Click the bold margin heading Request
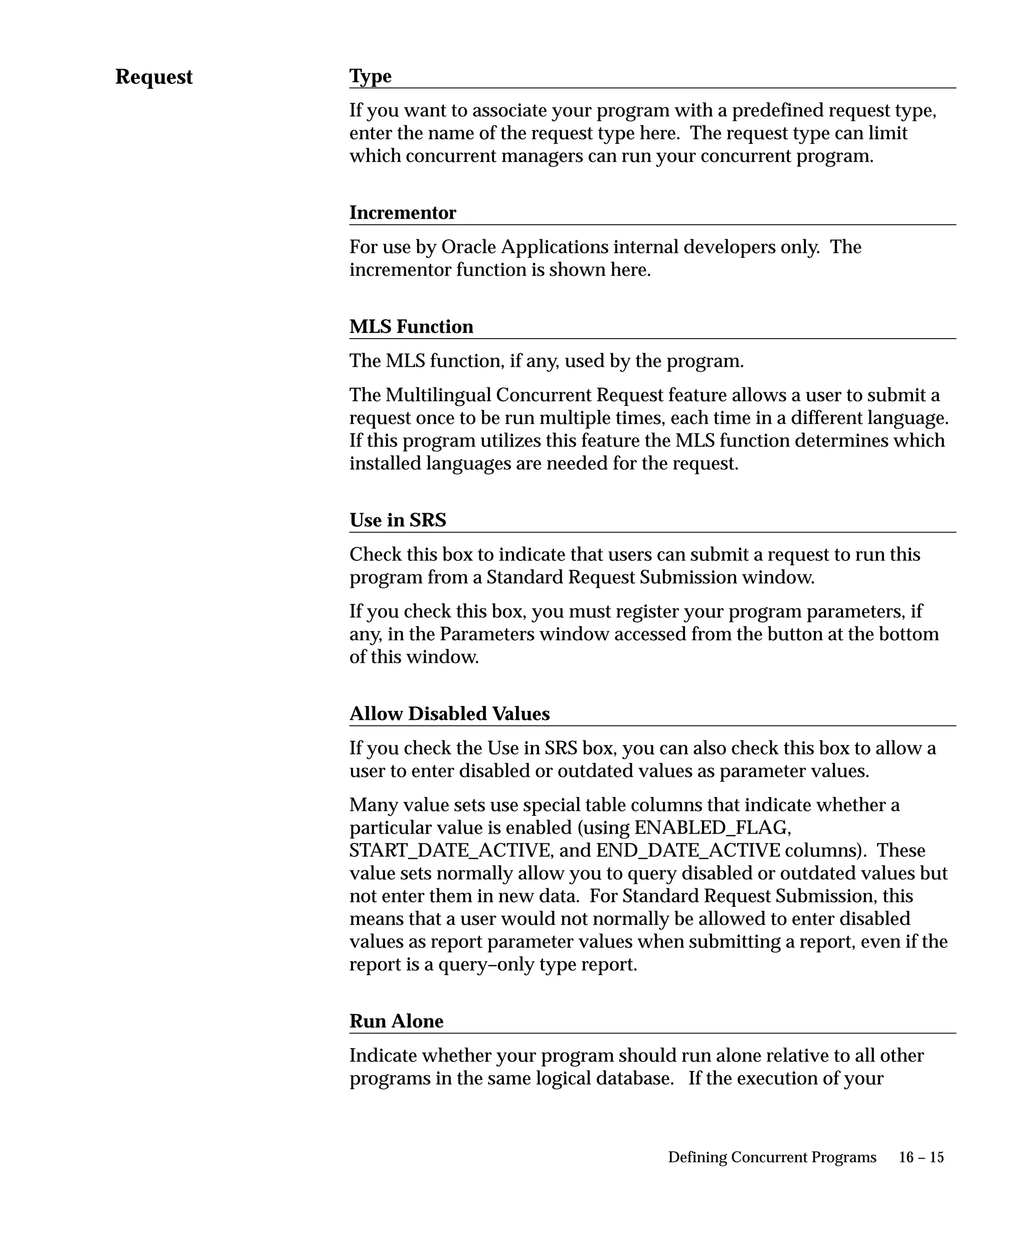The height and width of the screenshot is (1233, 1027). [154, 77]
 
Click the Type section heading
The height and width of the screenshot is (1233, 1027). [370, 76]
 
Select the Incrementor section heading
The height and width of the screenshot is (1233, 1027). [403, 213]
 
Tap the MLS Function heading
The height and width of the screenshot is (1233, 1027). [411, 327]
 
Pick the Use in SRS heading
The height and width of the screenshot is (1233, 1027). [398, 520]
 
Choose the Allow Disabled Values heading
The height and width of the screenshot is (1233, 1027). [449, 713]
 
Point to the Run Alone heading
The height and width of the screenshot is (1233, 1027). [396, 1021]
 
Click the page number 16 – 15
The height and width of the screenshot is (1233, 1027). [921, 1157]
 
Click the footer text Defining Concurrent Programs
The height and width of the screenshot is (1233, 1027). [772, 1157]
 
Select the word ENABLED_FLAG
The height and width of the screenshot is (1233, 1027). [713, 827]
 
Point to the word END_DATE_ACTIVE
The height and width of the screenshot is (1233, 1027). [688, 850]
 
